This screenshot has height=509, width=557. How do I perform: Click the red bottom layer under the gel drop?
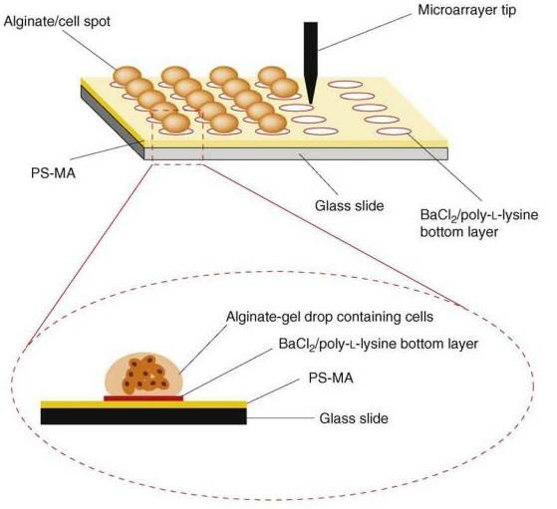(143, 397)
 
